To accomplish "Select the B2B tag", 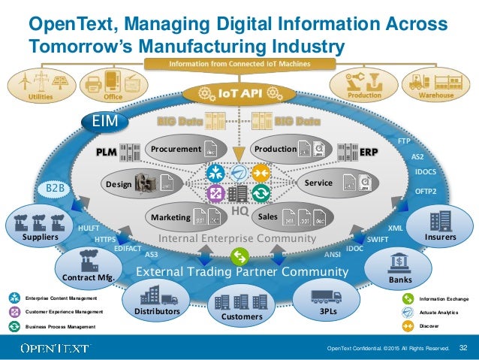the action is (x=56, y=187).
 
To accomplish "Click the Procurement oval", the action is (x=181, y=150).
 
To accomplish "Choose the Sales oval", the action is (x=290, y=216).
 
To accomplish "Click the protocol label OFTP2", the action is (x=426, y=192).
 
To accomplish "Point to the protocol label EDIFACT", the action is (x=128, y=247).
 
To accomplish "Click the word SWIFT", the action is (x=378, y=239).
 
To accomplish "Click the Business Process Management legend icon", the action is (x=14, y=326).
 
